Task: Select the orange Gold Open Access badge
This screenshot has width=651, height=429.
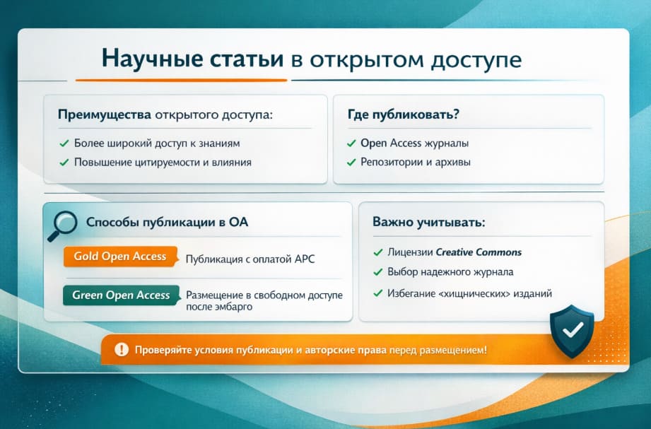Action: [x=119, y=257]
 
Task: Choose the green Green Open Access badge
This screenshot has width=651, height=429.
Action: [x=122, y=295]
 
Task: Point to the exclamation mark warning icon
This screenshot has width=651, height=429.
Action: [x=122, y=349]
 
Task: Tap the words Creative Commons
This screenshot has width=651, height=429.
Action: [x=479, y=252]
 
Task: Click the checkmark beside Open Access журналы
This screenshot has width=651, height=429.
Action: [x=351, y=143]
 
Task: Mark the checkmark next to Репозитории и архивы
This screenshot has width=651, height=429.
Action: [x=351, y=163]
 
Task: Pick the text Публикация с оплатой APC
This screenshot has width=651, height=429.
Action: [x=250, y=259]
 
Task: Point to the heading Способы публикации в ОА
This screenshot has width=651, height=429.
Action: [x=167, y=222]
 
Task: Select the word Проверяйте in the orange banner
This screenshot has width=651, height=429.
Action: [x=163, y=349]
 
